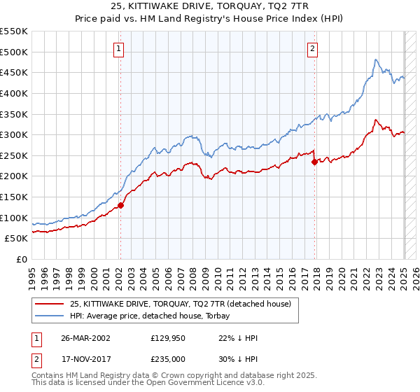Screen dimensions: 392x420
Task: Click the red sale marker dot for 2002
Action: [x=120, y=205]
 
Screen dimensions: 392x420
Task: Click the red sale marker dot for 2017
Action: [x=314, y=162]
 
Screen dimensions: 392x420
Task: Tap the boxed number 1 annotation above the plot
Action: [x=120, y=49]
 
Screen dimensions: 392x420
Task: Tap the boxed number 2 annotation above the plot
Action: [x=312, y=49]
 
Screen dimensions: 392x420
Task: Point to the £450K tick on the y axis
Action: [x=14, y=72]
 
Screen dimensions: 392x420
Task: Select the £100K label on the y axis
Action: [x=14, y=218]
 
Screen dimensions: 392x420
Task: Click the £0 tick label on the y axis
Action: [x=22, y=259]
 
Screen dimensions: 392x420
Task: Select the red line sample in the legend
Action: [x=48, y=304]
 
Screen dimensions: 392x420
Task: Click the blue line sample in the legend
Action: [x=48, y=316]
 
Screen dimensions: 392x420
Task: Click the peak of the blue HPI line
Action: [x=376, y=60]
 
